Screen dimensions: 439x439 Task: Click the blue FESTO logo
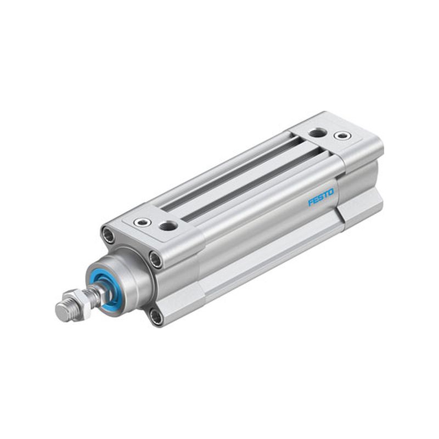(321, 197)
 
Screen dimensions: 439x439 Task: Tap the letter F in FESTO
(311, 202)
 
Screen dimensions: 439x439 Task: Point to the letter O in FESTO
(331, 193)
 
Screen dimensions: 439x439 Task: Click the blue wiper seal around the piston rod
(105, 291)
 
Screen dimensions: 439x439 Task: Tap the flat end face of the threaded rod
(61, 312)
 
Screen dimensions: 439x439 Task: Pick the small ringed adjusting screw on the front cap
(142, 222)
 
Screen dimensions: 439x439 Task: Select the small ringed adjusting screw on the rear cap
(342, 136)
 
